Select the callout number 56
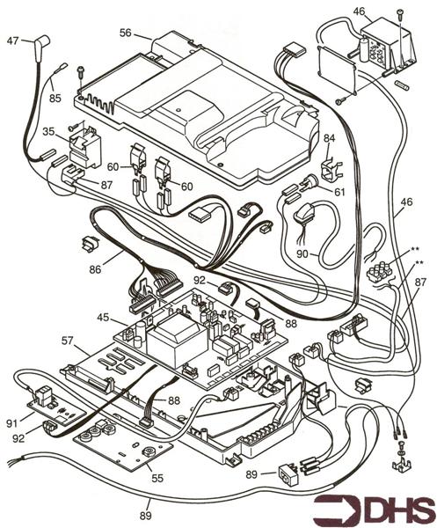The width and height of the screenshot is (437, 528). [127, 33]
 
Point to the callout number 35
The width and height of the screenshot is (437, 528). [49, 133]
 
